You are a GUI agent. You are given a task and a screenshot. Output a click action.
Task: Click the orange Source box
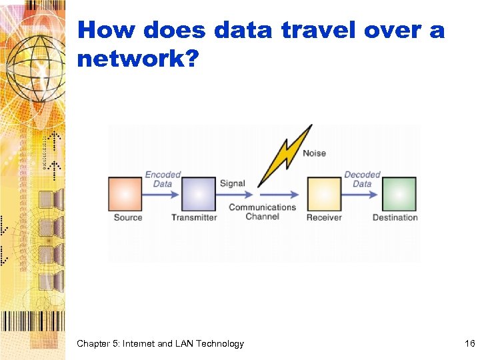[x=125, y=194]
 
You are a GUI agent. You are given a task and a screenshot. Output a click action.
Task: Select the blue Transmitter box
[x=199, y=194]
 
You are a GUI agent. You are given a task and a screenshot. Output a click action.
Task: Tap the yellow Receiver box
[x=324, y=194]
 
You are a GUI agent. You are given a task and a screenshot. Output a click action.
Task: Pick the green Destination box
[x=399, y=194]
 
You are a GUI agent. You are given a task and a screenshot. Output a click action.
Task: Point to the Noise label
[x=314, y=153]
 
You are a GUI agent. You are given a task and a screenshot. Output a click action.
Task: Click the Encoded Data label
[x=163, y=179]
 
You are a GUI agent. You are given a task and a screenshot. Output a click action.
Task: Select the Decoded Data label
[x=362, y=179]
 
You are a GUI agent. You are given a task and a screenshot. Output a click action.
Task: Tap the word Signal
[x=233, y=183]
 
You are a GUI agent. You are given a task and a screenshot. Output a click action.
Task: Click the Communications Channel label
[x=262, y=212]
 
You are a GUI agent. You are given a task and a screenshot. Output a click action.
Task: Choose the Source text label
[x=127, y=217]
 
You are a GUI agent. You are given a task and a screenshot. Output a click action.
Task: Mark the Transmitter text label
[x=194, y=217]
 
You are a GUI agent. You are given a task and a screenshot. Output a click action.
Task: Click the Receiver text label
[x=324, y=217]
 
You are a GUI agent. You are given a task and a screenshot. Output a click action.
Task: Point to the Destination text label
[x=395, y=217]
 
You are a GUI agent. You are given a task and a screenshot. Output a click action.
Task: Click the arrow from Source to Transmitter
[x=162, y=194]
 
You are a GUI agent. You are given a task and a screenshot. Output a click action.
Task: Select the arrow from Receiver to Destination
[x=362, y=194]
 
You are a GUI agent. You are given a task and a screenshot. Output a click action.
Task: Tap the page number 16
[x=469, y=343]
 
